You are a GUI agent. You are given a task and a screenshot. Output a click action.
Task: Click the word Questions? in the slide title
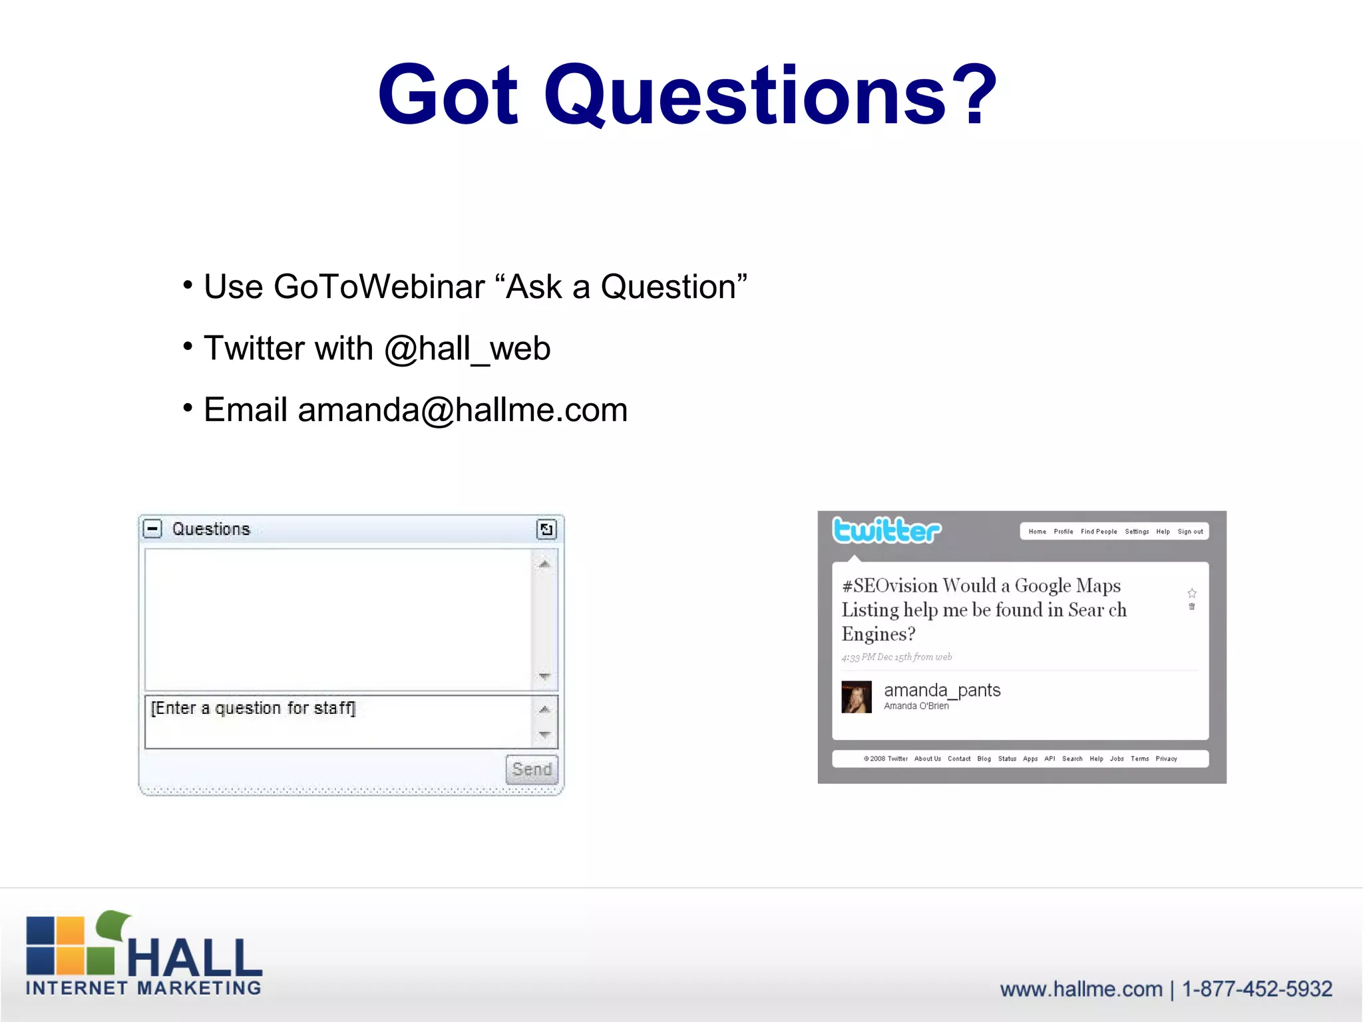771,94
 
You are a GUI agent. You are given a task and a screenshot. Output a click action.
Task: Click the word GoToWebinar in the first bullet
379,287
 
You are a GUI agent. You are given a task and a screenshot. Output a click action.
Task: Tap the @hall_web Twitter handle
467,349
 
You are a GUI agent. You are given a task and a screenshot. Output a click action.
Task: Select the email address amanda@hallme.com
463,410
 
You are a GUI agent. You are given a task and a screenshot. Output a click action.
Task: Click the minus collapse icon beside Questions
153,529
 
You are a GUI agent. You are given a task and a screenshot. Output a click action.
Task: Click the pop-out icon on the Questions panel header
546,530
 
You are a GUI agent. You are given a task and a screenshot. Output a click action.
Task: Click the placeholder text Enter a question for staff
254,708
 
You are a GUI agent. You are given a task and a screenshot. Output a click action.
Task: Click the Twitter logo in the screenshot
886,531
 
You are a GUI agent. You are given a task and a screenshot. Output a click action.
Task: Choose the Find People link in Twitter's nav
1099,532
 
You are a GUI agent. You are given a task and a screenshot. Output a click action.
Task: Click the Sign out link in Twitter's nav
1190,532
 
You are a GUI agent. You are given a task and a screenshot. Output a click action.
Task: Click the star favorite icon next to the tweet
1192,593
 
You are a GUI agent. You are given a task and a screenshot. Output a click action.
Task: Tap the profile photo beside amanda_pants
857,697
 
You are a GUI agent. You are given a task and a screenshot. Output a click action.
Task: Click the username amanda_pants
942,690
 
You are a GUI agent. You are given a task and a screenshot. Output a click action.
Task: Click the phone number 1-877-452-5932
1257,989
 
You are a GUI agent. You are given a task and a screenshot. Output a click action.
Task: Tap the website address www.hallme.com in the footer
1081,989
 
